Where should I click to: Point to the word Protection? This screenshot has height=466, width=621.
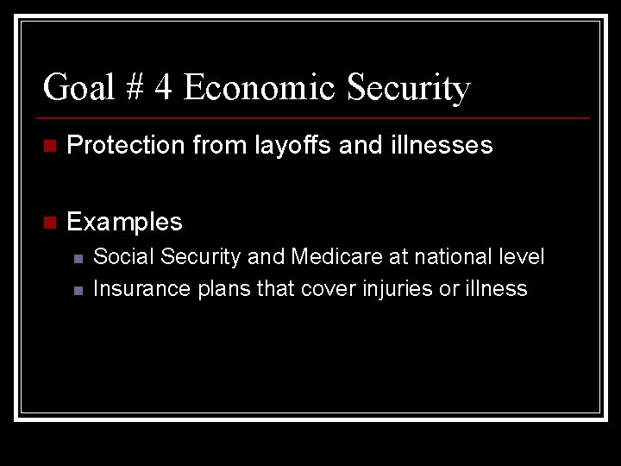[x=125, y=146]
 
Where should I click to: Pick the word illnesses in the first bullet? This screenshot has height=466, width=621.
[x=439, y=146]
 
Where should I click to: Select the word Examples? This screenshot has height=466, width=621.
[x=124, y=223]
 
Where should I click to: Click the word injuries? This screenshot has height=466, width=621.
[x=395, y=289]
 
